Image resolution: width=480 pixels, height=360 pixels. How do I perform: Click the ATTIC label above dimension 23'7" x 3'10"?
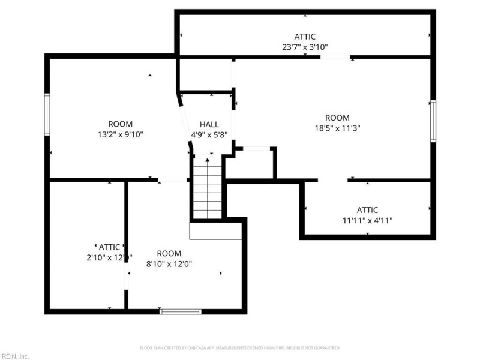(305, 37)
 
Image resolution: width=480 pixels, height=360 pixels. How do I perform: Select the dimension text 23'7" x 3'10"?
(305, 46)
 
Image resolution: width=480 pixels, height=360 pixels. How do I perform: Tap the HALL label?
(209, 124)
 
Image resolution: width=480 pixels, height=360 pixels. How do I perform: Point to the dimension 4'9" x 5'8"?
(209, 134)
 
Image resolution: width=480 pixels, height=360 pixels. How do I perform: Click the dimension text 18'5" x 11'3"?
(337, 128)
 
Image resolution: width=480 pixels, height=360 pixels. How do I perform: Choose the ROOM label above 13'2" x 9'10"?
(120, 124)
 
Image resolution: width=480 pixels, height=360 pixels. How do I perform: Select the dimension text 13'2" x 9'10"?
(120, 134)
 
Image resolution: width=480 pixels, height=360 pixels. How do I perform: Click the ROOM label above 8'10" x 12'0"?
(169, 254)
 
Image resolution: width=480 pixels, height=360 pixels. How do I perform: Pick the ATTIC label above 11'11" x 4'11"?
(367, 210)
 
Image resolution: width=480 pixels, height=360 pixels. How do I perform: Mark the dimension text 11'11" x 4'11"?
(367, 220)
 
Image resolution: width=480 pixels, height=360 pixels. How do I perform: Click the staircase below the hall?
(207, 189)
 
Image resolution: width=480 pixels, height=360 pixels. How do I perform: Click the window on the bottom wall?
(180, 311)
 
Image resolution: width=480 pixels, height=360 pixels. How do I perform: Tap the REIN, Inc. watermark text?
(15, 356)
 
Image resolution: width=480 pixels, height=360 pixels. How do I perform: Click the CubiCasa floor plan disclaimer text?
(240, 348)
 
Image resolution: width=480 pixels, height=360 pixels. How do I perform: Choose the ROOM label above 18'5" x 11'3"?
(337, 118)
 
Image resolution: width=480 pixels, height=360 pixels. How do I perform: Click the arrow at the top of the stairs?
(208, 160)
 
